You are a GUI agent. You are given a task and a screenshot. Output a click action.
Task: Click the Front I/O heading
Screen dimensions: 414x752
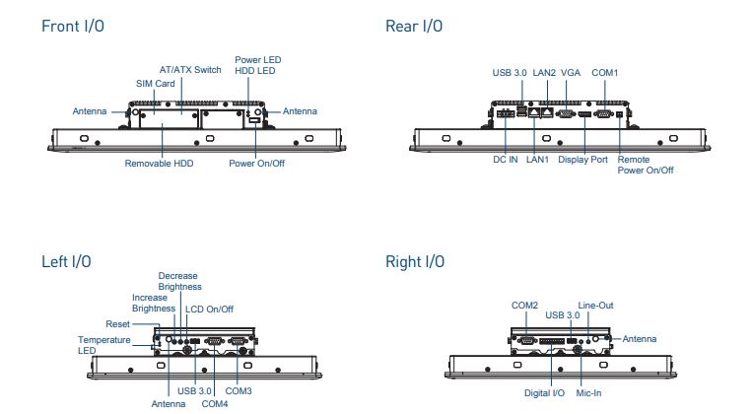click(x=73, y=27)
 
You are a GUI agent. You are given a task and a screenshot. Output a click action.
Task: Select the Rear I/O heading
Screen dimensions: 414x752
click(x=415, y=27)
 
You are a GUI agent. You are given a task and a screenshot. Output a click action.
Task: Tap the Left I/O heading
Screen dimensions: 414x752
click(x=66, y=261)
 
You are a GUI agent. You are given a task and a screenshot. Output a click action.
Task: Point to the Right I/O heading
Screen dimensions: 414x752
click(x=415, y=261)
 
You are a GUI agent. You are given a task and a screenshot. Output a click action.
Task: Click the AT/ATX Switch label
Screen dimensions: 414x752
click(x=190, y=70)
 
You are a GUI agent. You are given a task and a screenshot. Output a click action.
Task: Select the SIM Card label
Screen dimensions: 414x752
click(x=155, y=84)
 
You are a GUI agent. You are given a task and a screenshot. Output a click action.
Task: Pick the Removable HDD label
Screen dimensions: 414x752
click(x=159, y=163)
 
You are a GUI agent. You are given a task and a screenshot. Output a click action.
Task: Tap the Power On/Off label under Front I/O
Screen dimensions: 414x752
click(x=256, y=163)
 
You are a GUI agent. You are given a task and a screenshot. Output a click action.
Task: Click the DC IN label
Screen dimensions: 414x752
click(x=506, y=159)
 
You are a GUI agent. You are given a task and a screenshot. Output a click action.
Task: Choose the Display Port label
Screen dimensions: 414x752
click(x=582, y=159)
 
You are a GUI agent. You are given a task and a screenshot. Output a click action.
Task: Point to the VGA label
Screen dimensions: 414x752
click(x=570, y=73)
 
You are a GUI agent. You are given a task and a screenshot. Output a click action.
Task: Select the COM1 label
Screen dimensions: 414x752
click(x=605, y=73)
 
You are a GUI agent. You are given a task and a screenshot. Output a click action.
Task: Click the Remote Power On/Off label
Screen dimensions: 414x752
click(x=646, y=165)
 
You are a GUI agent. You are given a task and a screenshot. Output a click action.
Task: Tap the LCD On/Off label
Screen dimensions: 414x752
click(x=210, y=309)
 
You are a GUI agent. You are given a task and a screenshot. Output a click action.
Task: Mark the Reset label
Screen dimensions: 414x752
click(x=117, y=324)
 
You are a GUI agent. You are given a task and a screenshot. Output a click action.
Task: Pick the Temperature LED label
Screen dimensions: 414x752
click(x=103, y=344)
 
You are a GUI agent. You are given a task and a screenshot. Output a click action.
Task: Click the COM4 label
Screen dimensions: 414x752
click(x=215, y=403)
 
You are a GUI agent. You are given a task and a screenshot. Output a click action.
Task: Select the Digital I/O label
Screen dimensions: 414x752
click(x=544, y=392)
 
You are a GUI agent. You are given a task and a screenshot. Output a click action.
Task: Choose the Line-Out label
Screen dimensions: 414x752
click(x=595, y=306)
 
